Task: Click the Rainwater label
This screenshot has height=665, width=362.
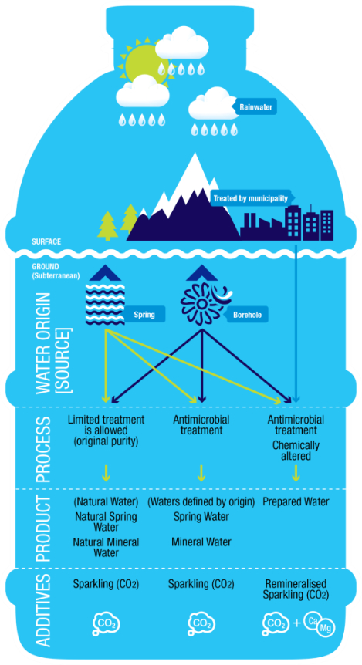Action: point(254,107)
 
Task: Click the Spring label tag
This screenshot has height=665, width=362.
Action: point(144,315)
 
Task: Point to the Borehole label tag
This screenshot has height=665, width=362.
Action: point(246,315)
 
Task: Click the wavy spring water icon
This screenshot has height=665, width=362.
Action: point(105,302)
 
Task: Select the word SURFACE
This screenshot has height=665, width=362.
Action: point(46,241)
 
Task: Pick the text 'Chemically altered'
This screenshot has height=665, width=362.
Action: point(296,451)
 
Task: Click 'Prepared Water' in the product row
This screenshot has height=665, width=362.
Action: point(296,501)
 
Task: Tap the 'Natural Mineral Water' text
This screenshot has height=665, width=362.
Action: point(106,547)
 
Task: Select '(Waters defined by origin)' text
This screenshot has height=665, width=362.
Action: point(201,501)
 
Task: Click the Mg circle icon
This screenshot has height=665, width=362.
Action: point(326,628)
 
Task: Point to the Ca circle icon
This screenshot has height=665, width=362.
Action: point(313,619)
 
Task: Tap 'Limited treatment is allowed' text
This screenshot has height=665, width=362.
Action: point(106,425)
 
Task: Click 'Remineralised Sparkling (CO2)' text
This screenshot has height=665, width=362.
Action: point(296,589)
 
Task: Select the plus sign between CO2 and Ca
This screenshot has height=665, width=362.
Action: point(296,623)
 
